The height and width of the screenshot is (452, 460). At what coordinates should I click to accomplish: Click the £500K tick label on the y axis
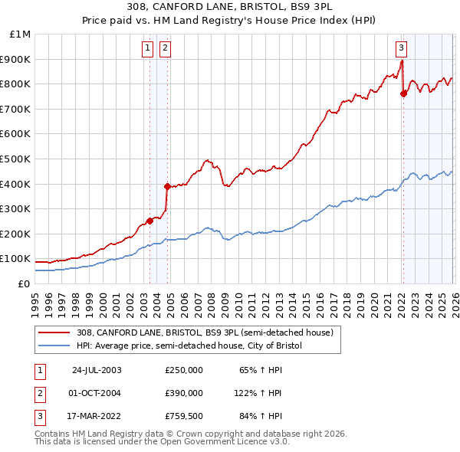[x=15, y=159]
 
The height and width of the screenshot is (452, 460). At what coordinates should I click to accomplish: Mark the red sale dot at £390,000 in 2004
[x=166, y=186]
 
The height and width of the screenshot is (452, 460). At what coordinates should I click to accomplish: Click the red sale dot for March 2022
[x=403, y=94]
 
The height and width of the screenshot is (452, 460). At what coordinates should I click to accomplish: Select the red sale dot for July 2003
[x=149, y=221]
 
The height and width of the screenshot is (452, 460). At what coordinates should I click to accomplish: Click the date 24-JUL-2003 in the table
[x=97, y=369]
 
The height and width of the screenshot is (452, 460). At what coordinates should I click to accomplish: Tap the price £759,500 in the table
[x=184, y=417]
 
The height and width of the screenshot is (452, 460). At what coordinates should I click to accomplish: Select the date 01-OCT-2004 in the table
[x=97, y=393]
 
